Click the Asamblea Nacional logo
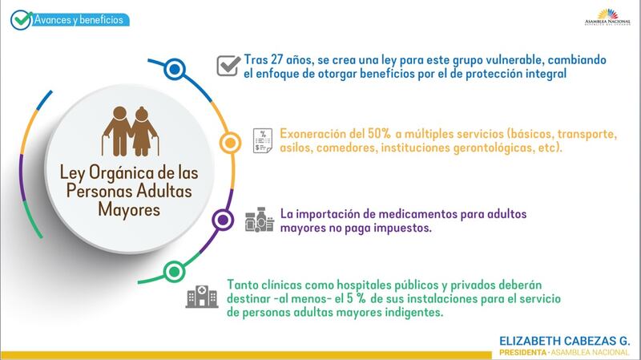(x=607, y=17)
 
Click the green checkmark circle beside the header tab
(x=21, y=19)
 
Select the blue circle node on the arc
(x=175, y=69)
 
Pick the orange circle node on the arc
(x=230, y=143)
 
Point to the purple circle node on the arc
(x=223, y=220)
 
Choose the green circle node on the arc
(x=174, y=272)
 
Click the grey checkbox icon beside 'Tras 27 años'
(x=228, y=66)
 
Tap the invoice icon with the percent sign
(x=263, y=140)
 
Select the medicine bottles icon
(x=260, y=220)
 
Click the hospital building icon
(x=202, y=296)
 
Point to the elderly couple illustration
(x=131, y=131)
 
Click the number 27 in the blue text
(x=276, y=59)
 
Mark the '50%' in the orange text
(x=379, y=134)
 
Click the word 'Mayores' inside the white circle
(x=129, y=210)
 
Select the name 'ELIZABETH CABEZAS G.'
(x=565, y=341)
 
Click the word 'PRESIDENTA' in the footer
(x=523, y=352)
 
